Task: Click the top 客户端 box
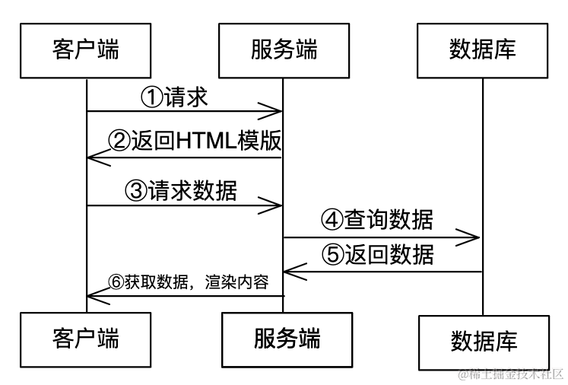[x=86, y=50]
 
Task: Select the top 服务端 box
[x=284, y=50]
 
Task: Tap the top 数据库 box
[x=483, y=50]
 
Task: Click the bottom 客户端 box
[x=86, y=336]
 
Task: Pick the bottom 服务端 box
[x=284, y=336]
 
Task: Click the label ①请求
[x=175, y=97]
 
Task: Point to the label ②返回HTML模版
[x=195, y=142]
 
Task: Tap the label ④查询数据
[x=377, y=221]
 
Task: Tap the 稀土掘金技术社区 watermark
[x=510, y=374]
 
